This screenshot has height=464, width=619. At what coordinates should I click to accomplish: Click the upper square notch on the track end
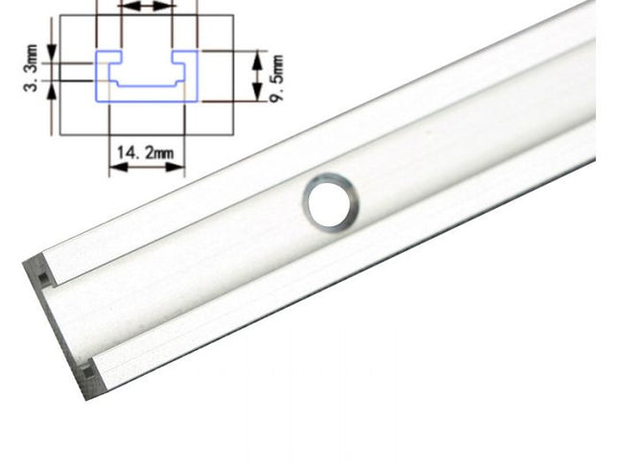pyautogui.click(x=43, y=278)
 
